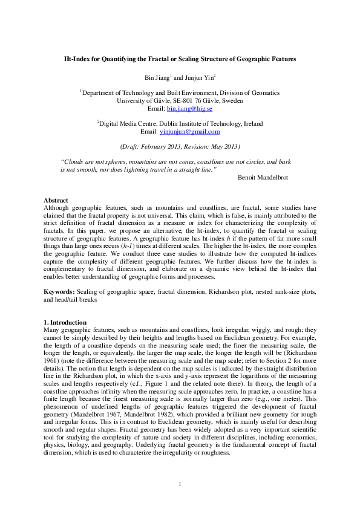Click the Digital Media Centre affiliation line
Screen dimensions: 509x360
[x=180, y=123]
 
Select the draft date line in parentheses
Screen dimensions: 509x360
[x=180, y=146]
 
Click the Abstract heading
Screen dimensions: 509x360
[x=56, y=200]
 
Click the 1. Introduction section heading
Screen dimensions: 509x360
[x=65, y=322]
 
